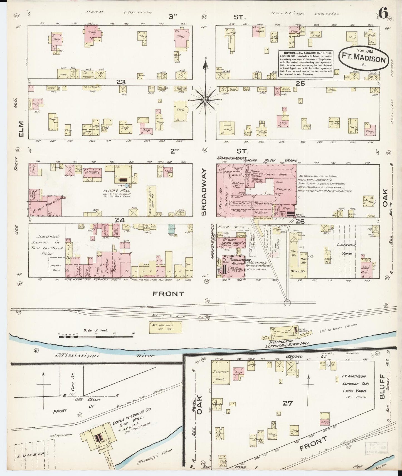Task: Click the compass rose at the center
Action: (205, 99)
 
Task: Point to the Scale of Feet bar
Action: (97, 336)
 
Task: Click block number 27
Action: (287, 403)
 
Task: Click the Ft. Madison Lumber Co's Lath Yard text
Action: (354, 384)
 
